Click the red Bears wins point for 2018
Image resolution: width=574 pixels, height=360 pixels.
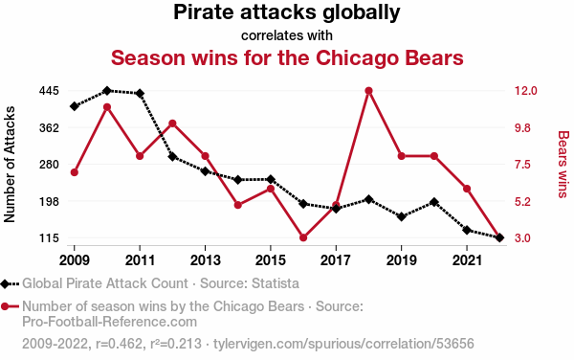(x=368, y=91)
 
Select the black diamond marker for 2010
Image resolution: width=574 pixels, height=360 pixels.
(x=107, y=90)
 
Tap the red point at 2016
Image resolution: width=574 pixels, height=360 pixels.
(x=303, y=237)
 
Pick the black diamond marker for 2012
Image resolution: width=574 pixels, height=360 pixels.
(x=172, y=157)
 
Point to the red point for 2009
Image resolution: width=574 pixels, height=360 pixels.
(x=75, y=172)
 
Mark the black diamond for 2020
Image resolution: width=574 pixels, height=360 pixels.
(x=434, y=202)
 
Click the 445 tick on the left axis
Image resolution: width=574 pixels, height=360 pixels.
(x=49, y=91)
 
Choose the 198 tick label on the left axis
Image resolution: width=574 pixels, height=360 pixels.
(x=49, y=201)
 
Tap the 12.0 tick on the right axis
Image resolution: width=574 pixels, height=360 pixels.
(x=525, y=91)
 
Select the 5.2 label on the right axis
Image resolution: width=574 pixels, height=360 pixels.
(x=522, y=201)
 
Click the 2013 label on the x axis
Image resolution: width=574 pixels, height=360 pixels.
(x=205, y=260)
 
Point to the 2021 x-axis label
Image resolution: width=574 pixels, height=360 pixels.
(x=467, y=260)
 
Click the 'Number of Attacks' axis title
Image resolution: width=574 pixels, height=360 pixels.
(x=10, y=164)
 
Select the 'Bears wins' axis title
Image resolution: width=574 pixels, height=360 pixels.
(x=563, y=164)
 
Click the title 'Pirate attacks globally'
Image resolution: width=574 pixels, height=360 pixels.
(x=287, y=12)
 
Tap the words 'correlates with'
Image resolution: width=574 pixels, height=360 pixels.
(x=287, y=35)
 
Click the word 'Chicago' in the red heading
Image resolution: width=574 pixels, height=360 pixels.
(x=354, y=58)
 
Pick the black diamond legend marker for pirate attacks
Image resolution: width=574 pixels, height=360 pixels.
(x=5, y=283)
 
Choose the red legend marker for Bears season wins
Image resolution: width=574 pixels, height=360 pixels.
(x=5, y=306)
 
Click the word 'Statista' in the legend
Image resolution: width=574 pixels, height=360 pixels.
(x=276, y=283)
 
